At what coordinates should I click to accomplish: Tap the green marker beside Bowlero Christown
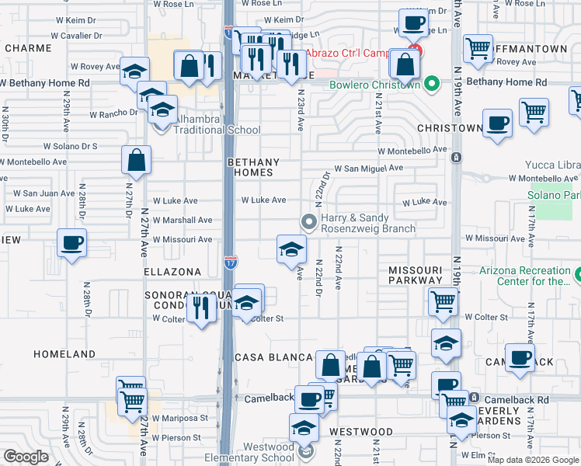429,84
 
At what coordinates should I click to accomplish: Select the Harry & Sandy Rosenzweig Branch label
368,224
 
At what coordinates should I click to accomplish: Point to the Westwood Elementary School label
257,452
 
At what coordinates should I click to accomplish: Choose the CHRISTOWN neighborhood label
450,127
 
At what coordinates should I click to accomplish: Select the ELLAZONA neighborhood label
172,272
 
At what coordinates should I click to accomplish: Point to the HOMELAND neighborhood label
64,354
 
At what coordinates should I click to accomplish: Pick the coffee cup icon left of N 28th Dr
71,243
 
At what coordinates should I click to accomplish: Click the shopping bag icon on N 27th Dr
136,162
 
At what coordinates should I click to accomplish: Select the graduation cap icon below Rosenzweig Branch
291,249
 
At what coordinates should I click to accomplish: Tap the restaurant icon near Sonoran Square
202,308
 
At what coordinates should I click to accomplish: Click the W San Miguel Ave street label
368,168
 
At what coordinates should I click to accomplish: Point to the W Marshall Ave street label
182,220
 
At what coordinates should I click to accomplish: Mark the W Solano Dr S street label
70,145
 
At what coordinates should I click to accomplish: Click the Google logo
26,457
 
